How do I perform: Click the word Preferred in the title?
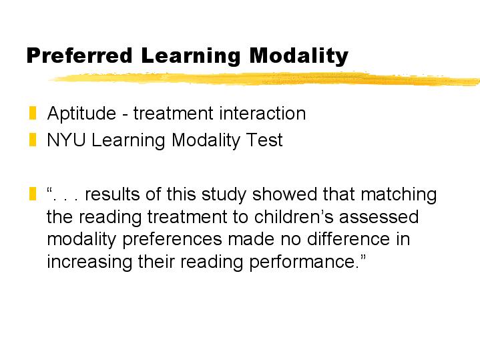[x=79, y=55]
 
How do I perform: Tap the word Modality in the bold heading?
[x=299, y=56]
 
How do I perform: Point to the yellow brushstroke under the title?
[x=264, y=78]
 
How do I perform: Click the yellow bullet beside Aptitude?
[x=33, y=113]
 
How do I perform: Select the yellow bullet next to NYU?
[x=33, y=140]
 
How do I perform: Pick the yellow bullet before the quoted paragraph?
[x=33, y=194]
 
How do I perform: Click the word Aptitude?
[x=81, y=114]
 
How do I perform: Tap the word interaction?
[x=262, y=113]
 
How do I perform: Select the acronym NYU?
[x=66, y=140]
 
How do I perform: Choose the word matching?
[x=399, y=195]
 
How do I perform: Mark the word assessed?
[x=379, y=217]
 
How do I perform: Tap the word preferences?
[x=172, y=240]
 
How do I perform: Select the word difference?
[x=348, y=239]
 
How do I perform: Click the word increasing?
[x=89, y=262]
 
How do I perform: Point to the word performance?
[x=302, y=262]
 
